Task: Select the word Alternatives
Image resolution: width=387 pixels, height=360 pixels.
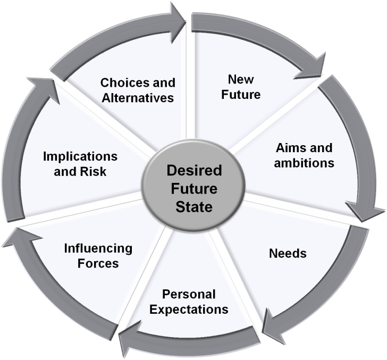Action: tap(138, 98)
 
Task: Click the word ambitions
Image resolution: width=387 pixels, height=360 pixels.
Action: tap(304, 162)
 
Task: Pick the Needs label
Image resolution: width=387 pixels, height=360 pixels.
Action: tap(288, 253)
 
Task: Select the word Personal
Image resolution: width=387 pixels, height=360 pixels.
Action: tap(189, 294)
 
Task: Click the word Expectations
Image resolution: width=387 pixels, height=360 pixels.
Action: tap(189, 309)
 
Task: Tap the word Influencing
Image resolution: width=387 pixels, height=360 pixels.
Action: tap(98, 248)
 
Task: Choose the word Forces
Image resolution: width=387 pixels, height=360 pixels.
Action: tap(98, 263)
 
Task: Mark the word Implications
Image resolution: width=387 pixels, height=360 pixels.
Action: tap(80, 157)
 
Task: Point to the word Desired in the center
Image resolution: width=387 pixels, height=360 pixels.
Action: tap(193, 171)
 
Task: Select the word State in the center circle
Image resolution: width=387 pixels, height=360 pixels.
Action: tap(193, 206)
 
